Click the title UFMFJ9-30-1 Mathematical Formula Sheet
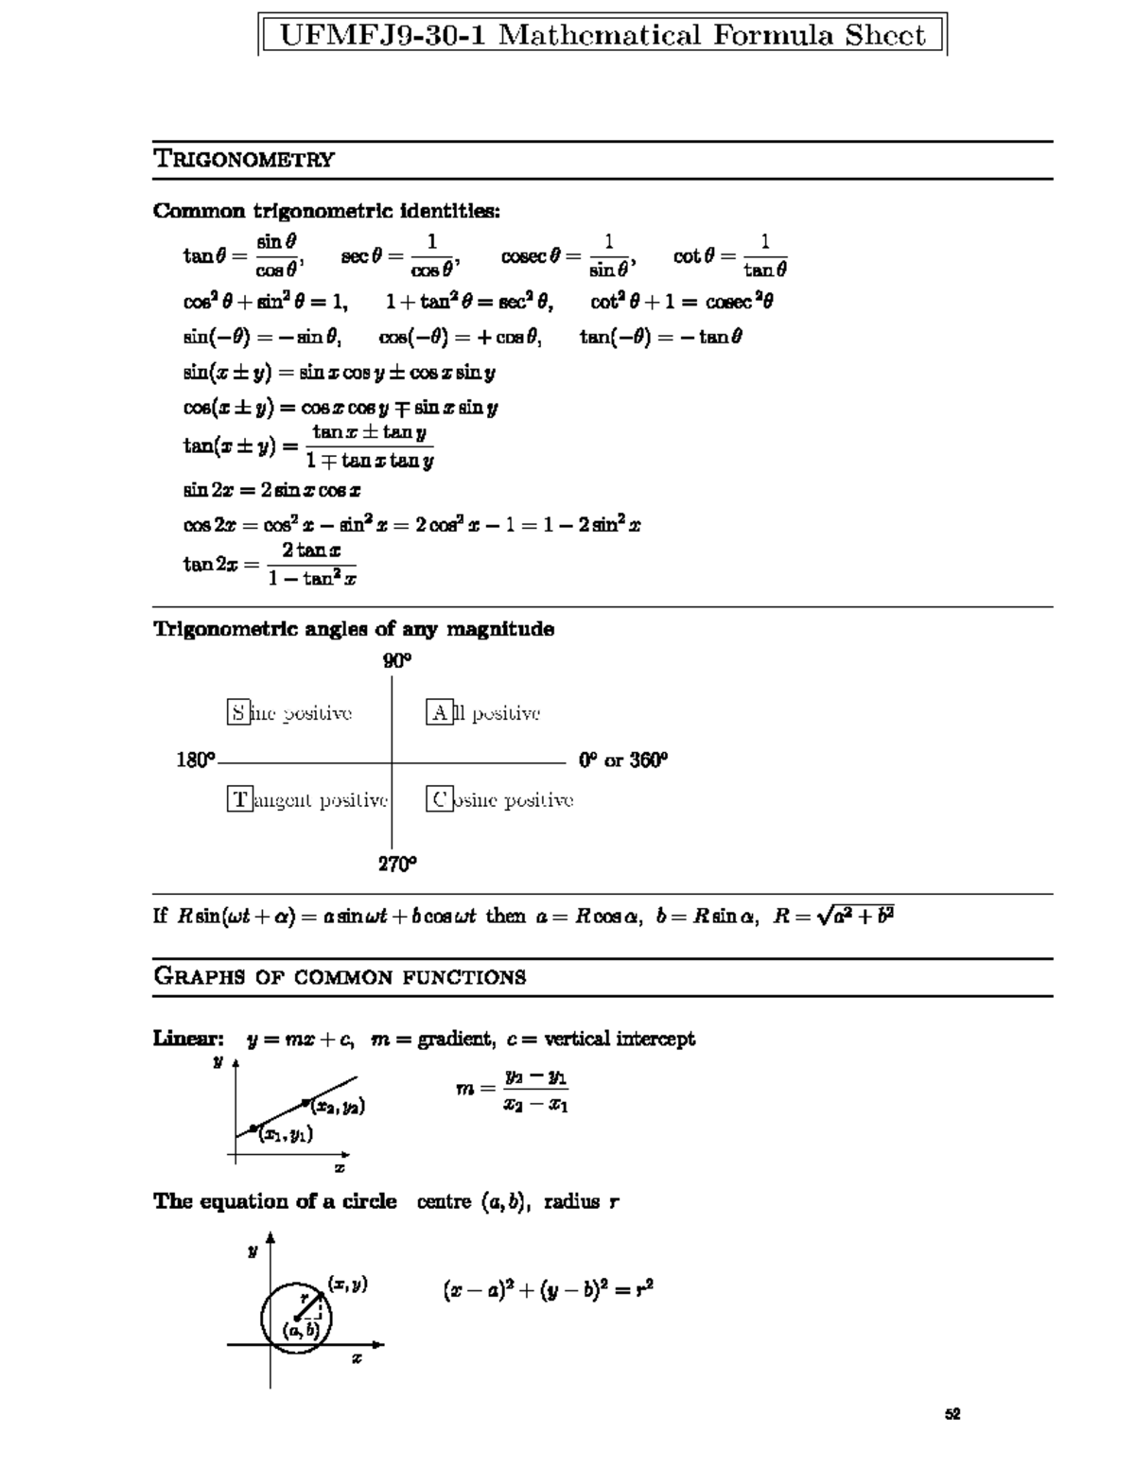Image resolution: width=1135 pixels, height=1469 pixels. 602,36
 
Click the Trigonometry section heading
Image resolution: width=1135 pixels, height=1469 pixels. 244,159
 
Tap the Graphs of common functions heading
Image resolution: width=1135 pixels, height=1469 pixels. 340,977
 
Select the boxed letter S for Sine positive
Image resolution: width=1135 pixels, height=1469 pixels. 238,713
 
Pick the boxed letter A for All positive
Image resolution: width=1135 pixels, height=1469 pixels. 440,713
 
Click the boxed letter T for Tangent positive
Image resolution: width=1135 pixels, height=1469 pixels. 239,800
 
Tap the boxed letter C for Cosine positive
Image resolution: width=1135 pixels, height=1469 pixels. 439,800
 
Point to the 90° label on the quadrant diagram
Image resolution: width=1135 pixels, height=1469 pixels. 397,661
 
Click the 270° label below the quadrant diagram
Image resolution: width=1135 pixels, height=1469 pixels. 398,864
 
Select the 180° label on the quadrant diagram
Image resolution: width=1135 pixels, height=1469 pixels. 196,761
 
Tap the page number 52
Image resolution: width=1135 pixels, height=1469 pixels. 952,1415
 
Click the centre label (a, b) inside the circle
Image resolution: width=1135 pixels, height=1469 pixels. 302,1330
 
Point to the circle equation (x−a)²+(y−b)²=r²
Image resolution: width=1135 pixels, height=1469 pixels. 548,1289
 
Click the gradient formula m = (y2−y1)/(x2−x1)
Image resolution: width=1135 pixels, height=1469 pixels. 512,1090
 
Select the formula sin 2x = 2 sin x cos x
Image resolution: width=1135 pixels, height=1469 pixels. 271,490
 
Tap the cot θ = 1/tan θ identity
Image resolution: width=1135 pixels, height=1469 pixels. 729,256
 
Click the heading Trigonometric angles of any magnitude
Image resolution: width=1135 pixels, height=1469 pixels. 354,629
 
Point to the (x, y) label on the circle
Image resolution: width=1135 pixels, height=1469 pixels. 347,1284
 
